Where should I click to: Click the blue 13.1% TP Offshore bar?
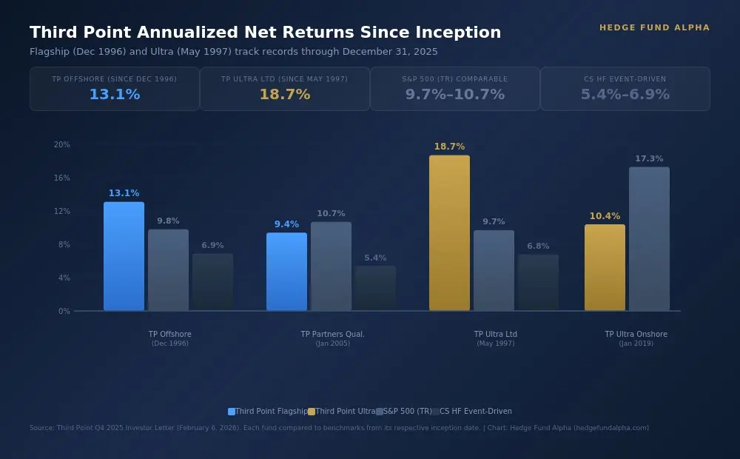pyautogui.click(x=124, y=256)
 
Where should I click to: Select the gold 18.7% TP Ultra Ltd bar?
pyautogui.click(x=449, y=232)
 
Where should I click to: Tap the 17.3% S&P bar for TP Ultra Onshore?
pyautogui.click(x=649, y=238)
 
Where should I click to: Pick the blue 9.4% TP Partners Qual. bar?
pyautogui.click(x=286, y=272)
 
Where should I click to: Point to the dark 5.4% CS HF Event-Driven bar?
pyautogui.click(x=375, y=288)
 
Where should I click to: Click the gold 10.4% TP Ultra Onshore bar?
pyautogui.click(x=605, y=267)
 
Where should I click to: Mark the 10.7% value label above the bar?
pyautogui.click(x=331, y=214)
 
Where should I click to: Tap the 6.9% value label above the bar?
pyautogui.click(x=212, y=246)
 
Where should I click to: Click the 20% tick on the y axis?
pyautogui.click(x=62, y=144)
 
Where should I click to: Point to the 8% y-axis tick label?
pyautogui.click(x=64, y=244)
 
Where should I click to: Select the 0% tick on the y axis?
pyautogui.click(x=64, y=311)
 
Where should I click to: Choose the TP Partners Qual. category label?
pyautogui.click(x=332, y=335)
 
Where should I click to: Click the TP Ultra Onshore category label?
pyautogui.click(x=636, y=335)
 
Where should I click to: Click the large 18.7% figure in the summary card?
pyautogui.click(x=285, y=95)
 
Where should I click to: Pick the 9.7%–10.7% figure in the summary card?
pyautogui.click(x=455, y=95)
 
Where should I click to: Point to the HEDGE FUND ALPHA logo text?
pyautogui.click(x=654, y=28)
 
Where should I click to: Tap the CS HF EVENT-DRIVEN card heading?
pyautogui.click(x=625, y=79)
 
